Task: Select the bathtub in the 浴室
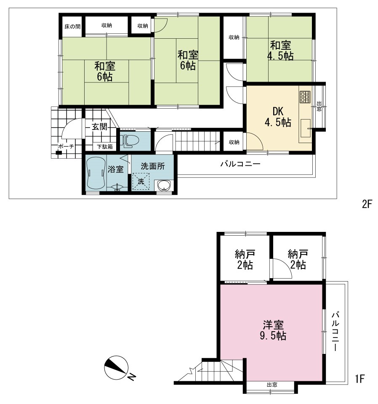(96, 173)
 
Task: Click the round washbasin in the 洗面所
(164, 185)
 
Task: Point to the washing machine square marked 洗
(141, 181)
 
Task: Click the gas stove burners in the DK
(305, 97)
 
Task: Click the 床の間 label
(72, 26)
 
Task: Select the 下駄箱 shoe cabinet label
(105, 147)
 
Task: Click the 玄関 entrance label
(99, 127)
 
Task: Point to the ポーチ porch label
(66, 146)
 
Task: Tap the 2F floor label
(367, 205)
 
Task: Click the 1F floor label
(360, 379)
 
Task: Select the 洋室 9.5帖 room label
(273, 330)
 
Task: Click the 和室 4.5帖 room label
(280, 50)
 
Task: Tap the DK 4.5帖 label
(278, 117)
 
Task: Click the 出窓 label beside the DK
(319, 106)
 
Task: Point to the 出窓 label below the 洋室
(272, 385)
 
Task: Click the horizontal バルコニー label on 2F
(240, 164)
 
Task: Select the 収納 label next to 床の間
(106, 25)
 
